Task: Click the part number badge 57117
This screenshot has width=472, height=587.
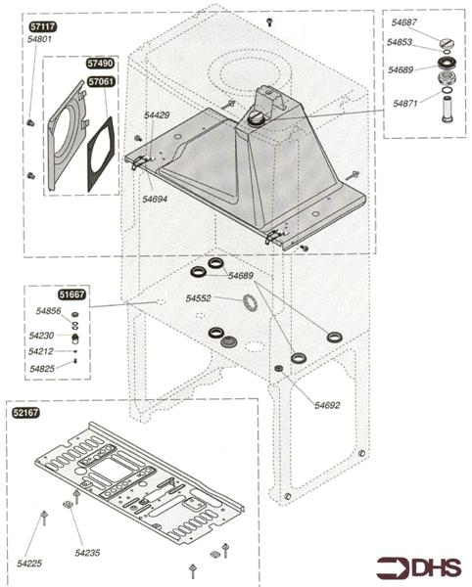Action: (x=41, y=27)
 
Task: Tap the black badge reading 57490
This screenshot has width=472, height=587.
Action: (x=100, y=65)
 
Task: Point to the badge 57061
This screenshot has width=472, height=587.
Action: (x=100, y=83)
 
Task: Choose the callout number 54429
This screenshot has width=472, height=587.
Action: (x=157, y=115)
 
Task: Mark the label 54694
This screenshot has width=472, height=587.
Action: (x=155, y=199)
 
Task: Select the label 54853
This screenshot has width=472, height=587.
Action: (x=400, y=43)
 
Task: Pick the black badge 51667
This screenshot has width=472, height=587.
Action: (x=45, y=293)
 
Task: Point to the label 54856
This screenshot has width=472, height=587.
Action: (x=49, y=311)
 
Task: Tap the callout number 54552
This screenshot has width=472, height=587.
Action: (x=200, y=297)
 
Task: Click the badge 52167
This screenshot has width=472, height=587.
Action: (x=25, y=413)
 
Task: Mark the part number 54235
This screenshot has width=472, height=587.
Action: (x=89, y=554)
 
